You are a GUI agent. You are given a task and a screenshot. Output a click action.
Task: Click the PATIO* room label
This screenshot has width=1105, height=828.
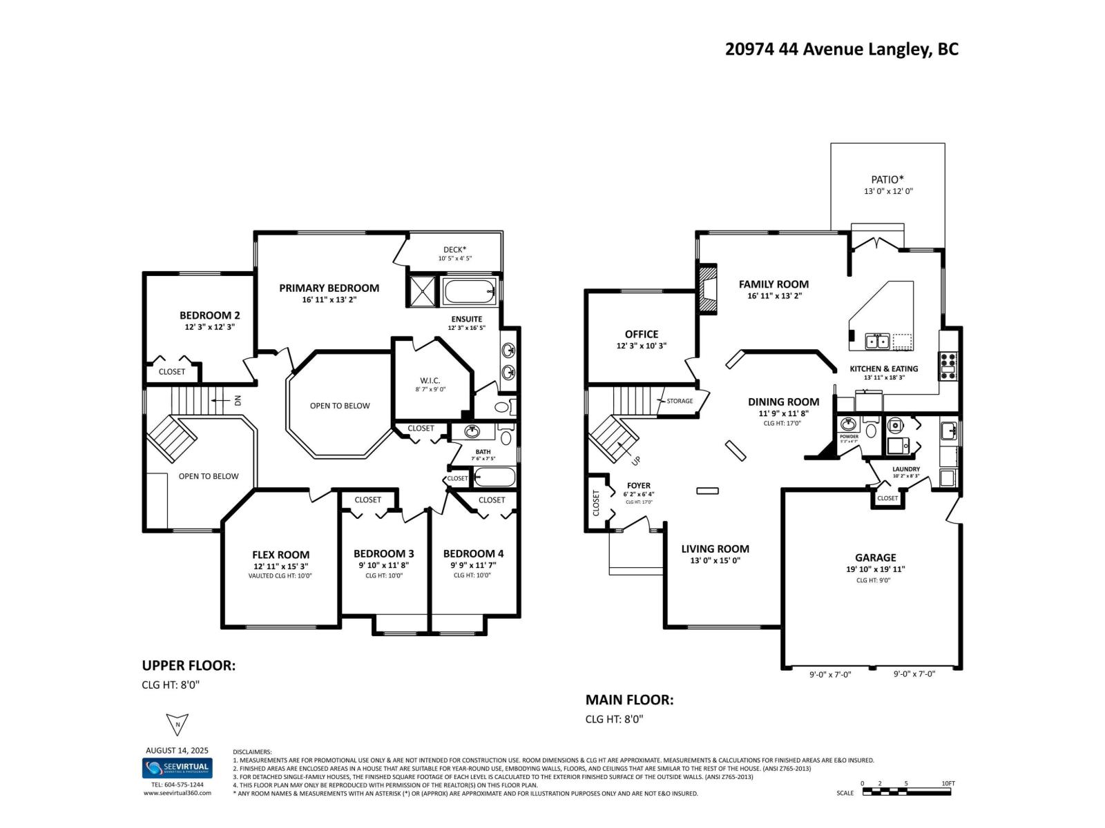pyautogui.click(x=887, y=179)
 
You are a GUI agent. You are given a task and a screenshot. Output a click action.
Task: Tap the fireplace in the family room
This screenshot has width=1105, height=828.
pyautogui.click(x=707, y=290)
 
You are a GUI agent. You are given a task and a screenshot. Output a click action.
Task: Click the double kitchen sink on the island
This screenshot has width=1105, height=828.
pyautogui.click(x=878, y=340)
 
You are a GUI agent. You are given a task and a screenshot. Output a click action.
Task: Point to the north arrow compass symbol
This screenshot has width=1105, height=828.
pyautogui.click(x=177, y=724)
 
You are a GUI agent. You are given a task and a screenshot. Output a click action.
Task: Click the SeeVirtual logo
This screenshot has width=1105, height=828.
pyautogui.click(x=177, y=768)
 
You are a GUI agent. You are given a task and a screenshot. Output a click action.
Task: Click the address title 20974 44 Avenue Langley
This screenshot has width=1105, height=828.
pyautogui.click(x=841, y=49)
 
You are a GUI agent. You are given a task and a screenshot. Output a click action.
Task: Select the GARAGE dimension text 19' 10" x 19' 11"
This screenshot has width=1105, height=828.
pyautogui.click(x=875, y=569)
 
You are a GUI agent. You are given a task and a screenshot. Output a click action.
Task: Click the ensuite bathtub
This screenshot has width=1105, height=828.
pyautogui.click(x=470, y=292)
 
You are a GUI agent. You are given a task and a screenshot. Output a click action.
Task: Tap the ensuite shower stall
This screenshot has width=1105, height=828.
pyautogui.click(x=422, y=291)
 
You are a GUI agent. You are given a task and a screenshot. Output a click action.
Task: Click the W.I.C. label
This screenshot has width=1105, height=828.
pyautogui.click(x=430, y=381)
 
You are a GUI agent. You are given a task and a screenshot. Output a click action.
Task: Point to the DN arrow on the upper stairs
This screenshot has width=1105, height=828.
pyautogui.click(x=228, y=400)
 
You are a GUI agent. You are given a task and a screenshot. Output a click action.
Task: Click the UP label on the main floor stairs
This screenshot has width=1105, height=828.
pyautogui.click(x=636, y=460)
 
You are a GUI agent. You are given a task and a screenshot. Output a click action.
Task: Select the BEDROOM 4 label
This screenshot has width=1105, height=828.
pyautogui.click(x=473, y=553)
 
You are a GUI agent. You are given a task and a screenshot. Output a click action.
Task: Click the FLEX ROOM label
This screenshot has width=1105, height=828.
pyautogui.click(x=280, y=555)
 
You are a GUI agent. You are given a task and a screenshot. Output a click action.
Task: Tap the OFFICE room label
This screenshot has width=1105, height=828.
pyautogui.click(x=642, y=334)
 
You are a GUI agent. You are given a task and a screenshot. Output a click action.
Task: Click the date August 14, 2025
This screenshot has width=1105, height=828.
pyautogui.click(x=177, y=750)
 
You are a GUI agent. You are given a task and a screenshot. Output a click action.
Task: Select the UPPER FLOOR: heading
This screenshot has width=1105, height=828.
pyautogui.click(x=189, y=665)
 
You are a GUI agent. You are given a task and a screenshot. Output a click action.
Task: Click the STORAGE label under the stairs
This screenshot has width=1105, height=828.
pyautogui.click(x=679, y=401)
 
